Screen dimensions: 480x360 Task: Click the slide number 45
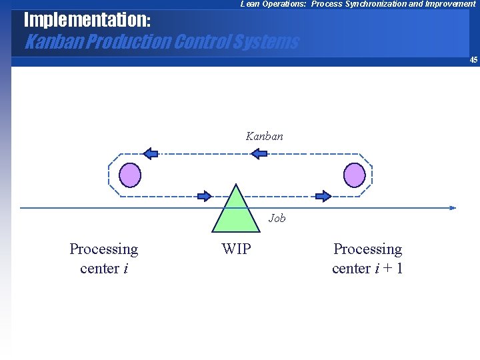pyautogui.click(x=473, y=60)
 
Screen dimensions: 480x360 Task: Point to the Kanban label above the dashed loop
pyautogui.click(x=264, y=136)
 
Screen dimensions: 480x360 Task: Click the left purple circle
pyautogui.click(x=130, y=175)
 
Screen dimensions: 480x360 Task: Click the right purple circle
pyautogui.click(x=354, y=175)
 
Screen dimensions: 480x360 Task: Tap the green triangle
pyautogui.click(x=235, y=210)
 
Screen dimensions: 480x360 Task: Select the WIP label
pyautogui.click(x=236, y=249)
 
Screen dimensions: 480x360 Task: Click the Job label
pyautogui.click(x=277, y=218)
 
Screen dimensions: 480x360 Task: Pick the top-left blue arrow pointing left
pyautogui.click(x=151, y=153)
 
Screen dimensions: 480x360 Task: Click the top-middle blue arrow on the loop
pyautogui.click(x=259, y=153)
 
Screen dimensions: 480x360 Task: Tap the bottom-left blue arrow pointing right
pyautogui.click(x=204, y=196)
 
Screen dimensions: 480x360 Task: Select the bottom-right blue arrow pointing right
pyautogui.click(x=323, y=196)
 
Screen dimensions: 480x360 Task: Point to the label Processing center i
pyautogui.click(x=103, y=258)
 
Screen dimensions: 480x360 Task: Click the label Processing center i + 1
pyautogui.click(x=367, y=258)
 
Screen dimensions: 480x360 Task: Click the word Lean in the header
pyautogui.click(x=250, y=4)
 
